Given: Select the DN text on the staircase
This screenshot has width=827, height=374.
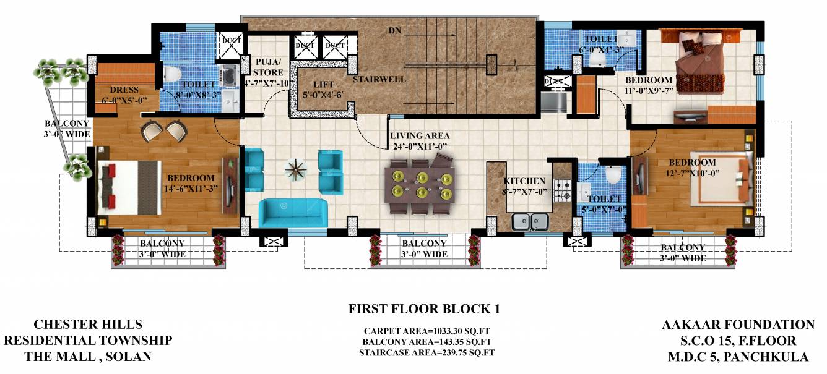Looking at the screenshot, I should [x=394, y=30].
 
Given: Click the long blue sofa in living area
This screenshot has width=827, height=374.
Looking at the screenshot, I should [x=292, y=212].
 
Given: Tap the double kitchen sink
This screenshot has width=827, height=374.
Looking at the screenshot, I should [x=530, y=219].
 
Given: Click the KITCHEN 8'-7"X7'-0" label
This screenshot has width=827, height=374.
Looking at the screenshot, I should [x=524, y=186].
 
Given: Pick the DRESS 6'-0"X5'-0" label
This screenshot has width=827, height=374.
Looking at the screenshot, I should [x=124, y=95].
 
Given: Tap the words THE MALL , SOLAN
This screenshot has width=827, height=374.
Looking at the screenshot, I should [x=87, y=357].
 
